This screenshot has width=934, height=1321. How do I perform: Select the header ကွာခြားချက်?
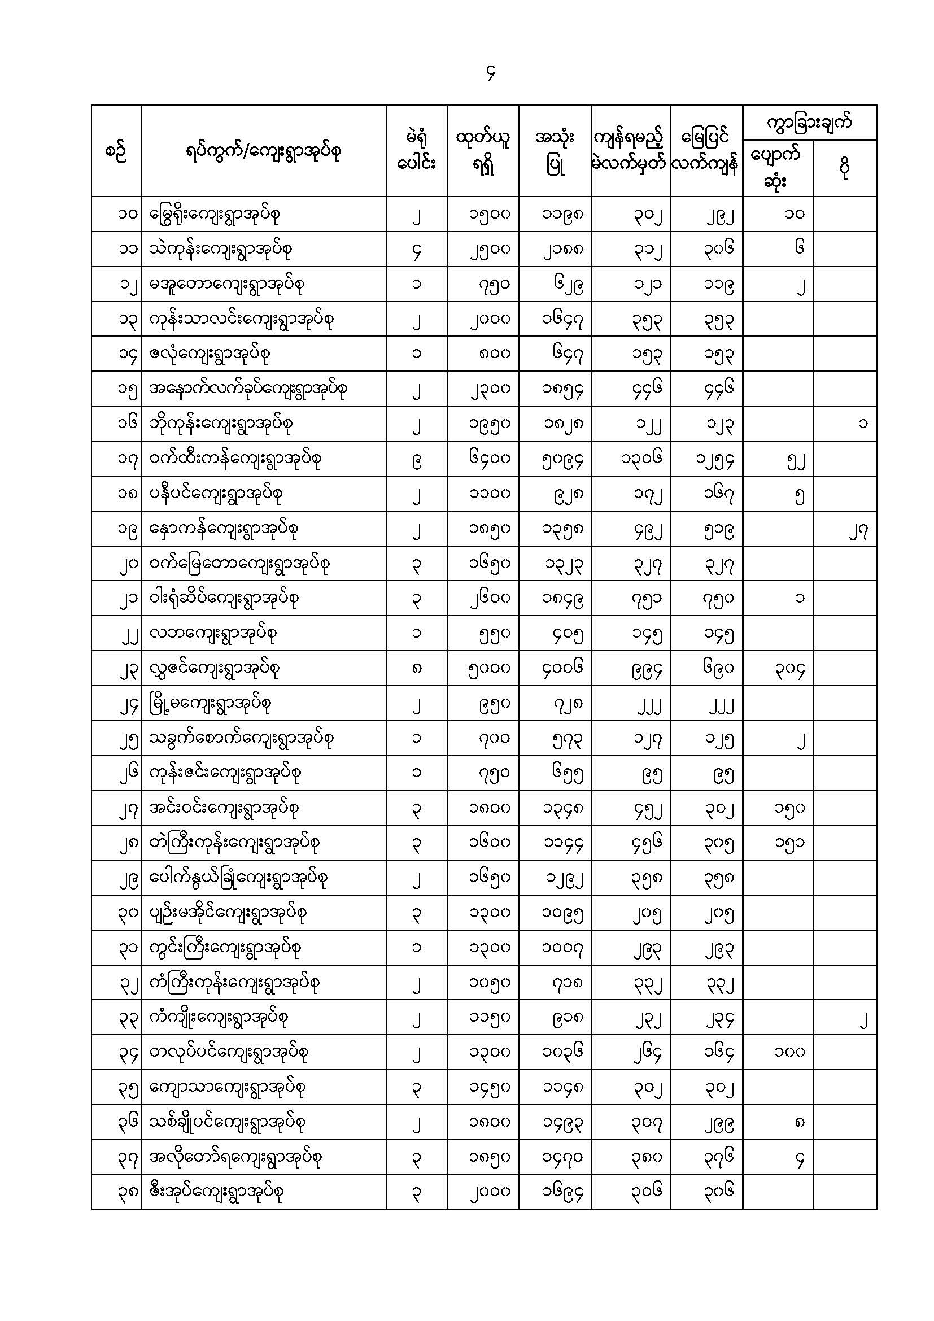[x=809, y=123]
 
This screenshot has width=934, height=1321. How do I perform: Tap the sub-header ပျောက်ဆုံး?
[x=778, y=168]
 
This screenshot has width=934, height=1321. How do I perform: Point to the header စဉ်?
[x=116, y=152]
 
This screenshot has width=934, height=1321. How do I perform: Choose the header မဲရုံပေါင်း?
[x=417, y=151]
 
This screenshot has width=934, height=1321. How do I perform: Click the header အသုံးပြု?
[x=555, y=151]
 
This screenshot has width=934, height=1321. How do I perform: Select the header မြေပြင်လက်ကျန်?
[x=706, y=151]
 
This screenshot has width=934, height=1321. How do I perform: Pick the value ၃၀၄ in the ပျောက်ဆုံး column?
[x=789, y=669]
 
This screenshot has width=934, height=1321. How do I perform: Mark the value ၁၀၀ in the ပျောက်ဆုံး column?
[x=789, y=1052]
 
